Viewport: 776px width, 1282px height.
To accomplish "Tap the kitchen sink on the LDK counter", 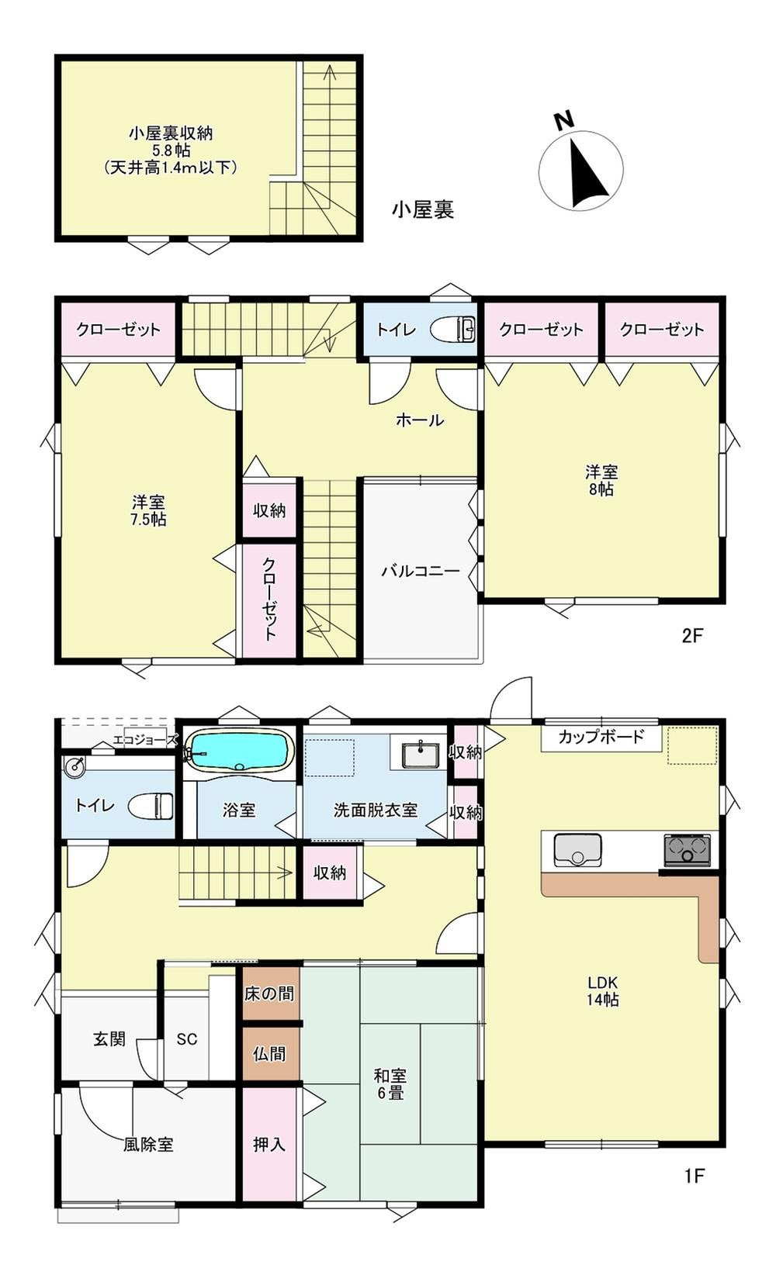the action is [577, 849].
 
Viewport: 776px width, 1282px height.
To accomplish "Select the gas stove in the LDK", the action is [688, 850].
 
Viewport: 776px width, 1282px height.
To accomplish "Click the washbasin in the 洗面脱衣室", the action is [421, 755].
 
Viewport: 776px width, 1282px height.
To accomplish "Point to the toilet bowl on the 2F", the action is [452, 330].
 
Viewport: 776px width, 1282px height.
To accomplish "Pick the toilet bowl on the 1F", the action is [151, 806].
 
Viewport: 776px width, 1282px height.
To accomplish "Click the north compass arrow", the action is [585, 171].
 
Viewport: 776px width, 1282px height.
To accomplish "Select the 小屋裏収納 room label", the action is [171, 134].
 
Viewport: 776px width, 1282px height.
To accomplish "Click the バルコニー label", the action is [421, 571].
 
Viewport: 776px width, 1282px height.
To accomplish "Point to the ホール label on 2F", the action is [420, 420].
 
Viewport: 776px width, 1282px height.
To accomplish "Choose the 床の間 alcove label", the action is [269, 993].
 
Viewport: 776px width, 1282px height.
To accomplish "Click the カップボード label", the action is [601, 736].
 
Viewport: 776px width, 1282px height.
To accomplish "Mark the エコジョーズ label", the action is [145, 740].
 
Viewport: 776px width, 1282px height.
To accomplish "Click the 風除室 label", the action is [148, 1145].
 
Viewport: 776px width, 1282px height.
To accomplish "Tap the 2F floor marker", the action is [692, 635].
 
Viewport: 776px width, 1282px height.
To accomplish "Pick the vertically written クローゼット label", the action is [269, 599].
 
